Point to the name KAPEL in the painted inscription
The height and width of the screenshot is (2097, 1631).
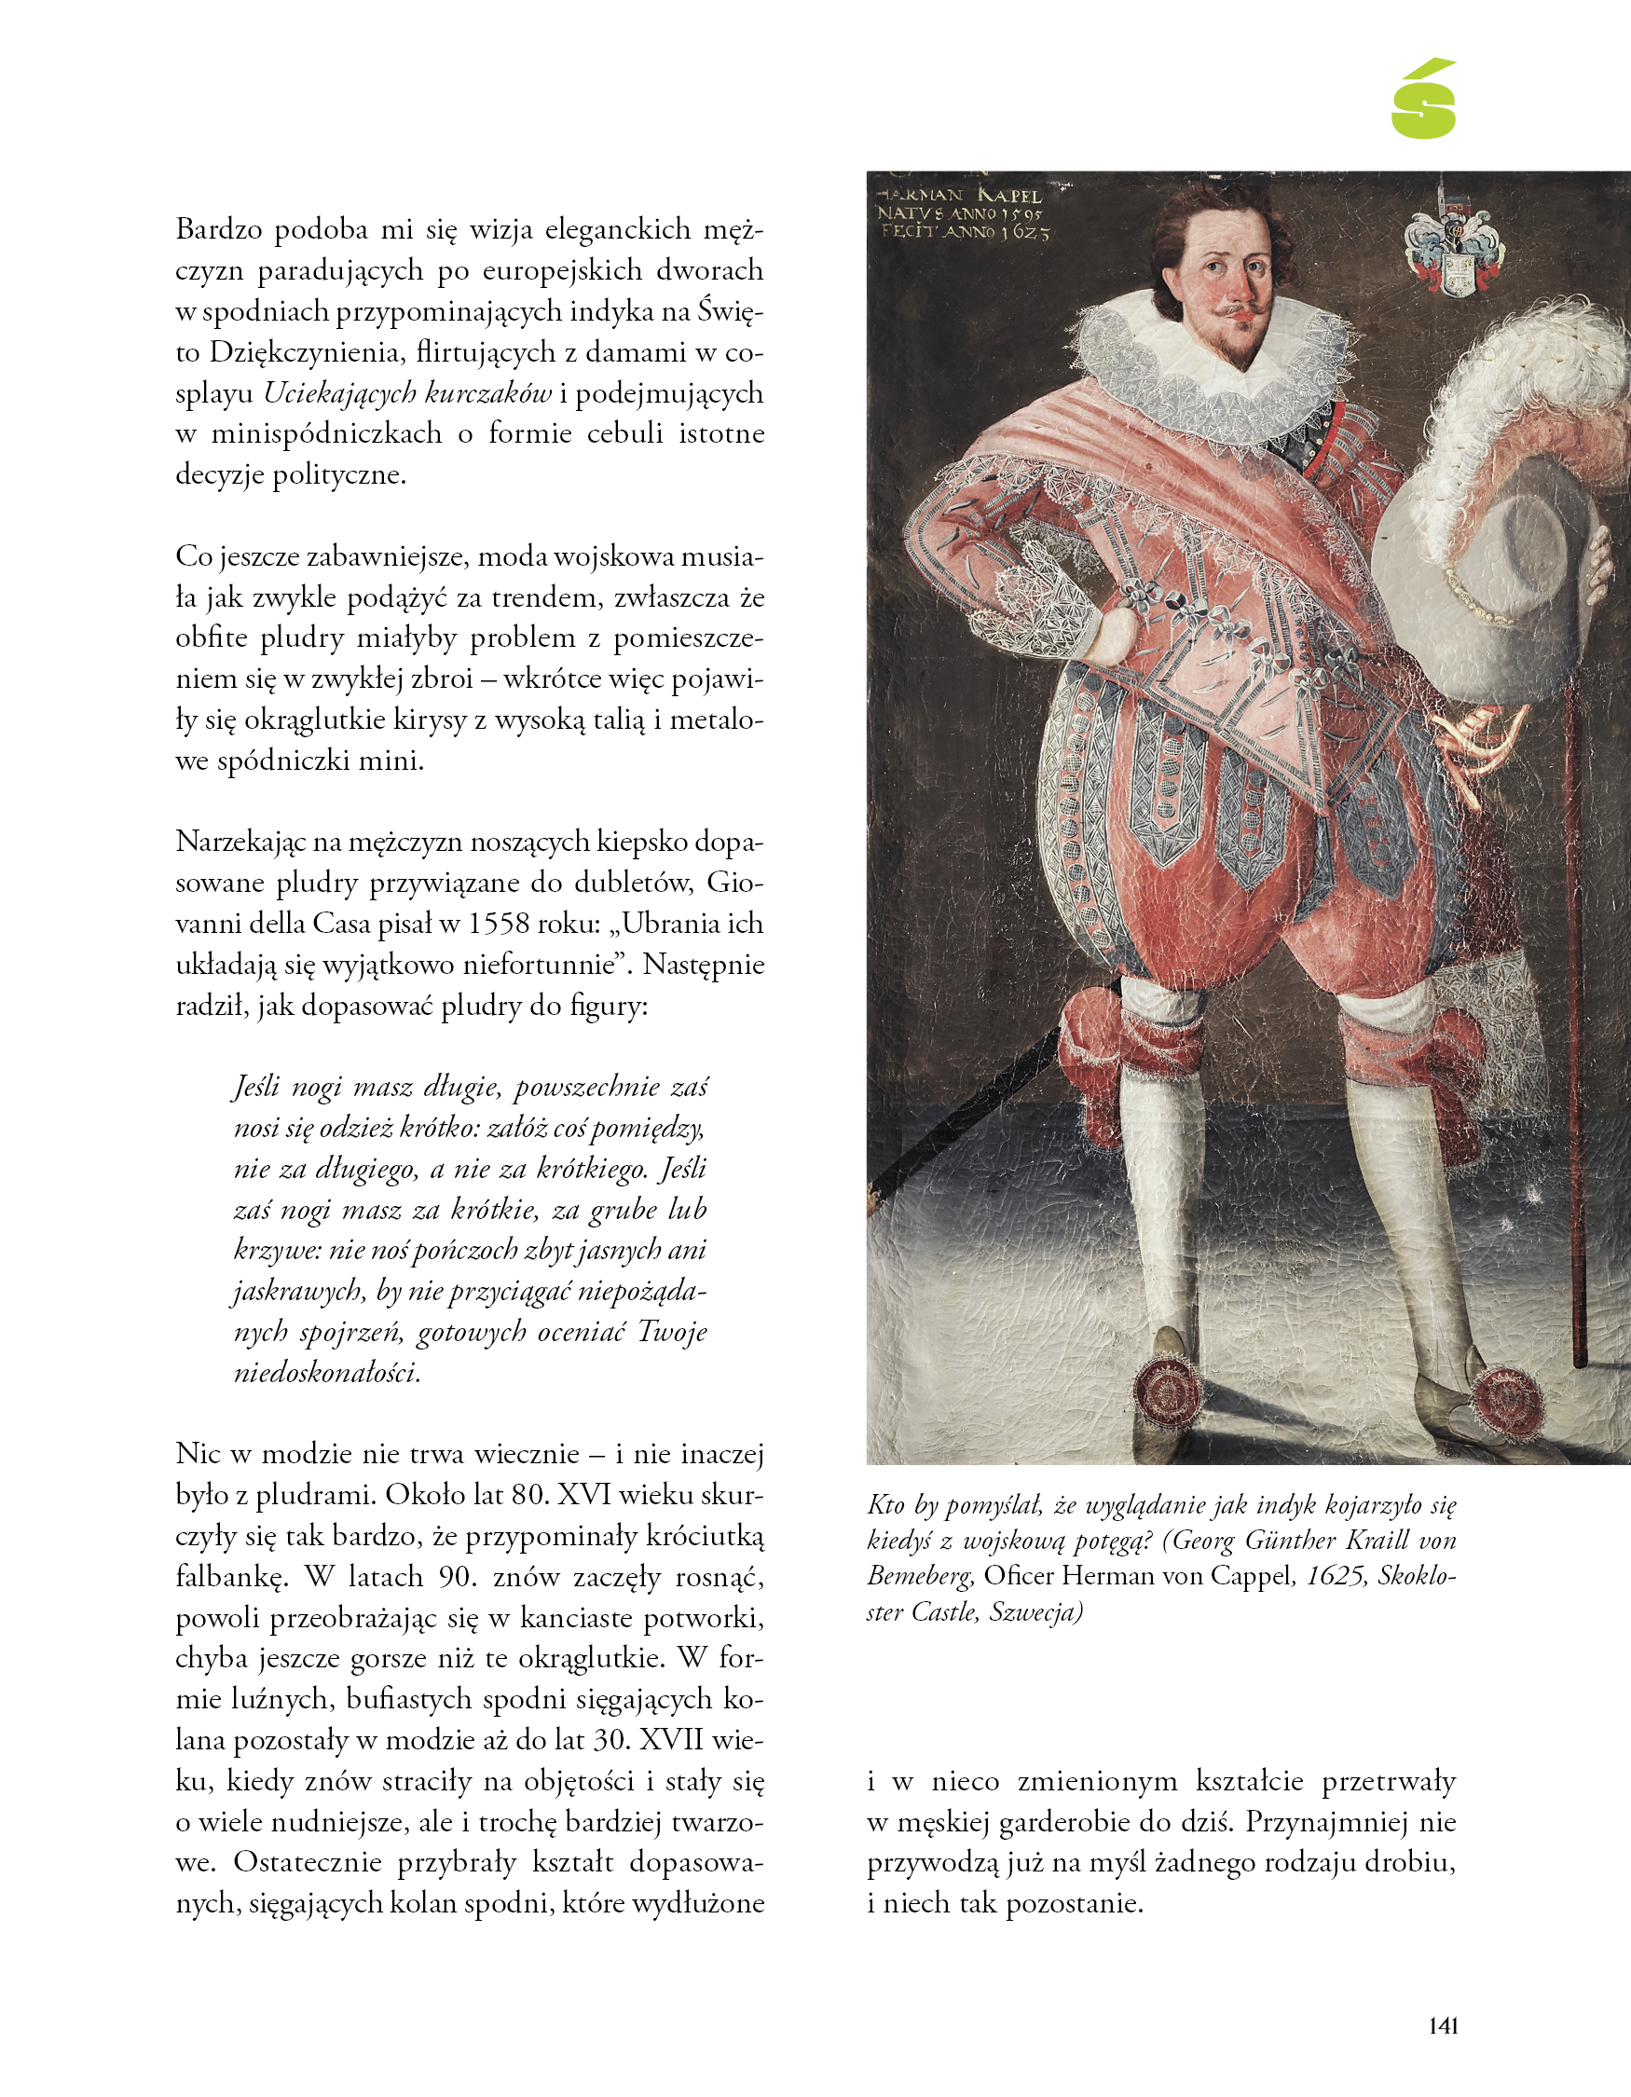tap(1010, 196)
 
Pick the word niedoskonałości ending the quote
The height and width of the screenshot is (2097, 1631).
tap(326, 1372)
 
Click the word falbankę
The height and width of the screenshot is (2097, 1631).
tap(232, 1577)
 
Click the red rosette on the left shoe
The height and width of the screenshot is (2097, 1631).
tap(1168, 1391)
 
